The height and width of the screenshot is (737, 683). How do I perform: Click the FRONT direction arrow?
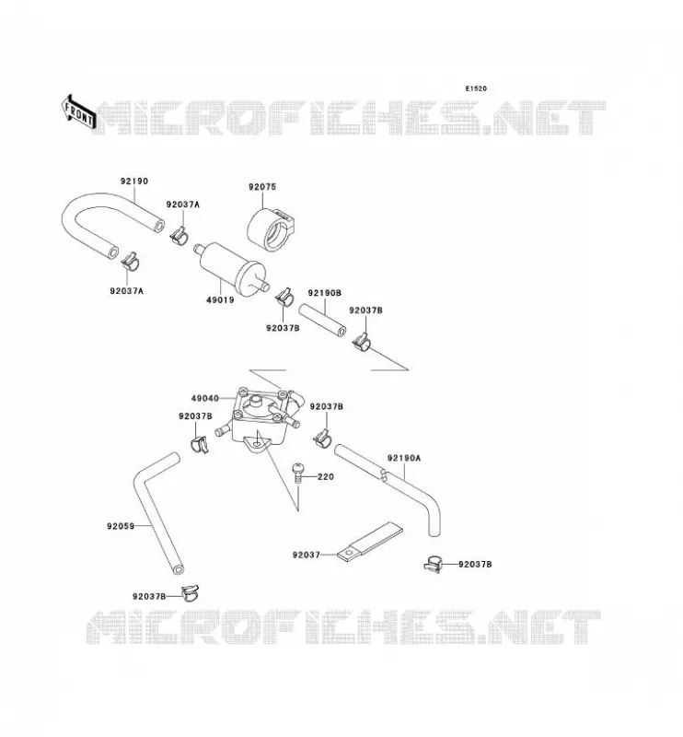pos(79,112)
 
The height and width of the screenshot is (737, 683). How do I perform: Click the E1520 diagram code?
pos(476,88)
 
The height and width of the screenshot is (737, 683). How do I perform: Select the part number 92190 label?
pos(134,181)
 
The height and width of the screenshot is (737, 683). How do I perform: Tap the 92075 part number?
pos(262,187)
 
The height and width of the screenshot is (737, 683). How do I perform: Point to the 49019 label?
pos(220,300)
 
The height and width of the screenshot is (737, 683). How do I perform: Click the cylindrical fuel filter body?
pos(232,267)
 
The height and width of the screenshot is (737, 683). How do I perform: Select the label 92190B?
pos(325,293)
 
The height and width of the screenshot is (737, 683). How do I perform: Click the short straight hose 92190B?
pos(322,320)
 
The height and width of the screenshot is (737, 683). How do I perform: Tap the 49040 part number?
pos(204,399)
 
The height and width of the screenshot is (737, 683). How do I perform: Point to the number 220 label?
pos(326,476)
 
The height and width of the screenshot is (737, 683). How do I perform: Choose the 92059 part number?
pos(121,526)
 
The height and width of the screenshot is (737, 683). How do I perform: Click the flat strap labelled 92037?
pos(370,542)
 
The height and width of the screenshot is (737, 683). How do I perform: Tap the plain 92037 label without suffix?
pos(306,556)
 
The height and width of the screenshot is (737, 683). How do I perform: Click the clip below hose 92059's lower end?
pos(191,592)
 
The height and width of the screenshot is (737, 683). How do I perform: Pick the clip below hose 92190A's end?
pos(433,564)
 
